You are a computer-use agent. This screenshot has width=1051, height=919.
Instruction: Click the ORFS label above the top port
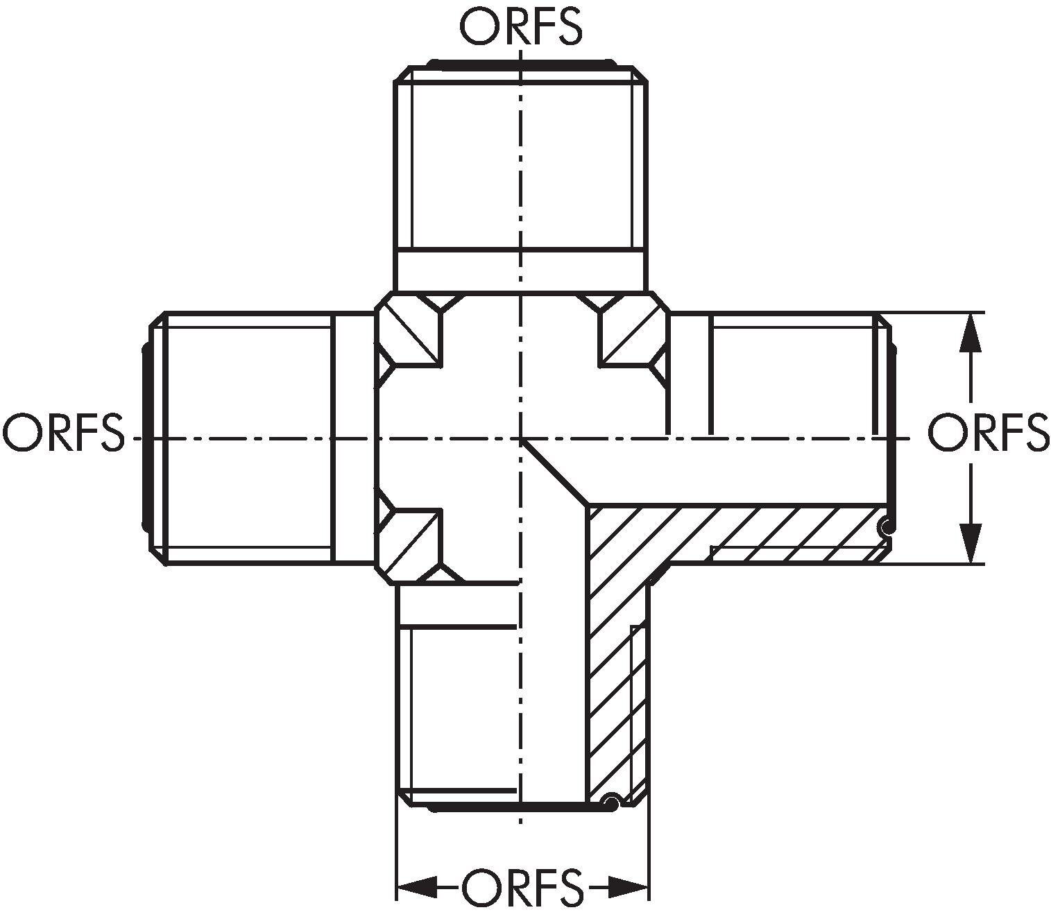[521, 26]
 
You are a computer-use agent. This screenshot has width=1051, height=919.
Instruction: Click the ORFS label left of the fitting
[64, 432]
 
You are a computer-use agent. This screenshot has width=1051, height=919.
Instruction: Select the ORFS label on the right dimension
[989, 432]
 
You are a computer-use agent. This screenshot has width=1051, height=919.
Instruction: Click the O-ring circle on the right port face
[886, 526]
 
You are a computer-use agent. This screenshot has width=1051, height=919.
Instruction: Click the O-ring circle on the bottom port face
[610, 801]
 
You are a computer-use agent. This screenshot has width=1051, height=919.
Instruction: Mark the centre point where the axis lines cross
[520, 439]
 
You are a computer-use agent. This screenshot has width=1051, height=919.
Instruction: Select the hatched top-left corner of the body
[409, 330]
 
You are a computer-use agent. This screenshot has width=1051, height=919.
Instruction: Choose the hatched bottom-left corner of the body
[409, 547]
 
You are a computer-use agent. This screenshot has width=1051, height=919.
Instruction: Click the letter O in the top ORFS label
[478, 26]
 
